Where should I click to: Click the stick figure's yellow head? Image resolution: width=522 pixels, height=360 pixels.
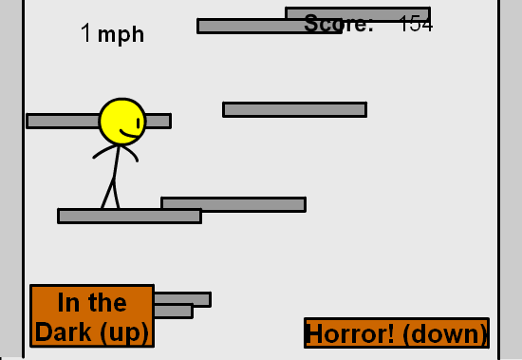pyautogui.click(x=121, y=121)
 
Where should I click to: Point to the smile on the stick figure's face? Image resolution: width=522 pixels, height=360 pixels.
pyautogui.click(x=129, y=135)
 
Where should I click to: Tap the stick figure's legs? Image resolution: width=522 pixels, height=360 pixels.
pyautogui.click(x=111, y=192)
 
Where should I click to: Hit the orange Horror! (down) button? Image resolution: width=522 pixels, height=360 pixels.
pyautogui.click(x=397, y=333)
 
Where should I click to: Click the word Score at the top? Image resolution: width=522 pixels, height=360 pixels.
pyautogui.click(x=338, y=25)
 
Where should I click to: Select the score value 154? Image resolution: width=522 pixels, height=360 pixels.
pyautogui.click(x=415, y=25)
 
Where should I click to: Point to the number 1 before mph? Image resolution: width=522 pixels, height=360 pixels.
pyautogui.click(x=86, y=33)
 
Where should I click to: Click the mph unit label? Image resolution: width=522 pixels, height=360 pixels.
pyautogui.click(x=121, y=35)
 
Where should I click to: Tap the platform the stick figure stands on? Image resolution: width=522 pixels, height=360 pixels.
pyautogui.click(x=129, y=216)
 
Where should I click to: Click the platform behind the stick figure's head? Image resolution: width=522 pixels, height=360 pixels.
pyautogui.click(x=57, y=121)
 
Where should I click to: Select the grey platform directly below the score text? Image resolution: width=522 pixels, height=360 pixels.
pyautogui.click(x=294, y=109)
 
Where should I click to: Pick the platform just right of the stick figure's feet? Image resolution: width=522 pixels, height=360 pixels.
pyautogui.click(x=233, y=203)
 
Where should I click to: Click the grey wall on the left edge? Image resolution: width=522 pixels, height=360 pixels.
pyautogui.click(x=10, y=180)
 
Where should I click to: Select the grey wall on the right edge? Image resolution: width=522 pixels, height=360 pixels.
pyautogui.click(x=511, y=180)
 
